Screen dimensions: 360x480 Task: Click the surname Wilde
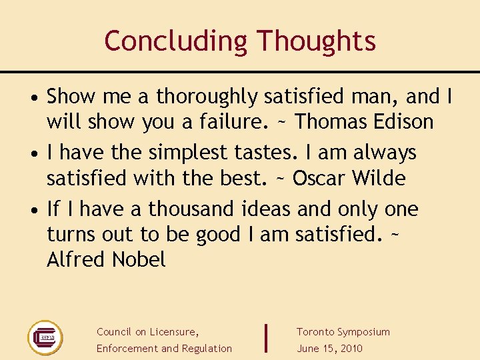click(x=379, y=179)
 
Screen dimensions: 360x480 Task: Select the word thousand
click(x=191, y=209)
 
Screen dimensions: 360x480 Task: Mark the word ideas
click(x=266, y=209)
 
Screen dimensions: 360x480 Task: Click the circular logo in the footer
click(x=45, y=338)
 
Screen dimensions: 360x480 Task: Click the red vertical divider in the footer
click(x=267, y=338)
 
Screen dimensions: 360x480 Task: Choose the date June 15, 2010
click(x=329, y=349)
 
